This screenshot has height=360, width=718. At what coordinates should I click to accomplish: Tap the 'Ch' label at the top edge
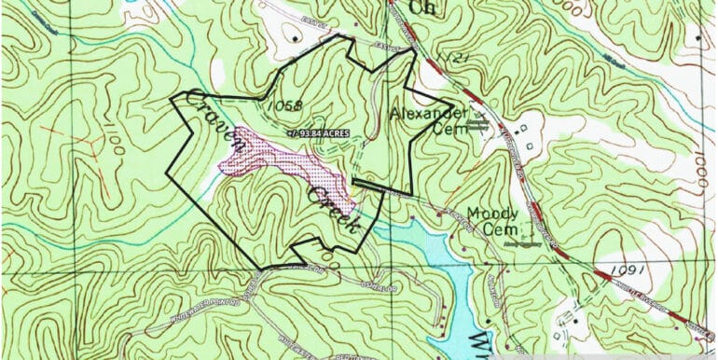click(x=422, y=8)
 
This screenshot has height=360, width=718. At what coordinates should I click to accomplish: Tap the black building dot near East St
click(x=297, y=36)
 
